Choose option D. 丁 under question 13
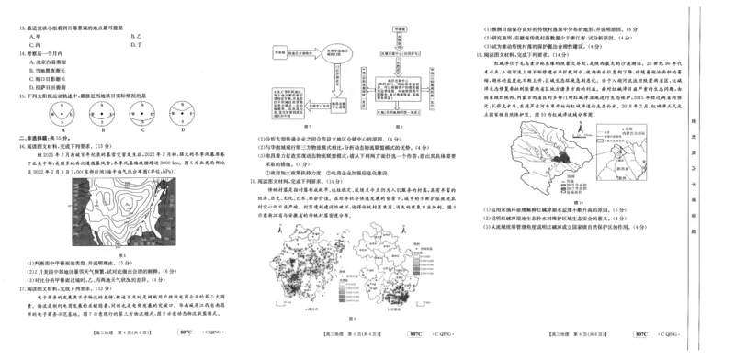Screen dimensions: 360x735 pos(139,44)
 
